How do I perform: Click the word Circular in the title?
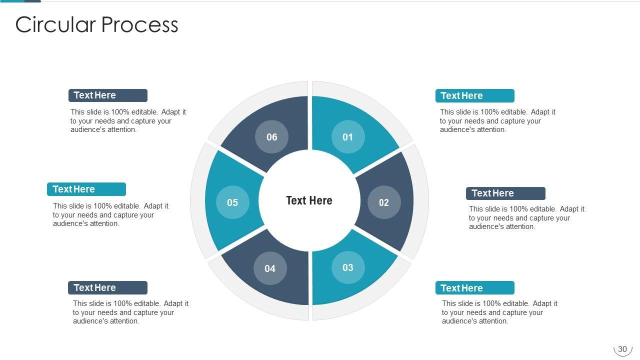click(55, 24)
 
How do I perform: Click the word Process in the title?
click(139, 24)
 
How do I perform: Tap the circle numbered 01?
click(348, 137)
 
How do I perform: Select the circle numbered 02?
click(384, 202)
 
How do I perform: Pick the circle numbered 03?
click(348, 267)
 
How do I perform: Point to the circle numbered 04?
click(270, 268)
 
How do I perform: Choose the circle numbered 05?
click(232, 202)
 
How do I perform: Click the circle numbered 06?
click(271, 137)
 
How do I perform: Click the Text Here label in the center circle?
click(309, 200)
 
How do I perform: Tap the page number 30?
click(622, 349)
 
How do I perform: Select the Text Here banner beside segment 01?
click(475, 95)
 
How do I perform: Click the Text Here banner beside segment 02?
click(505, 193)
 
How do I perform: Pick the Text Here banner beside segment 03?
click(475, 287)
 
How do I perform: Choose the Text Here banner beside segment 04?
click(107, 287)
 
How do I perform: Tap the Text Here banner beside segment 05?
click(86, 189)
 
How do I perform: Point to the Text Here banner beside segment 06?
click(108, 95)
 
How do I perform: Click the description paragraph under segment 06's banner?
click(128, 120)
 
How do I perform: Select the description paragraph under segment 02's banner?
click(526, 217)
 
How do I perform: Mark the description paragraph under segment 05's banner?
click(110, 214)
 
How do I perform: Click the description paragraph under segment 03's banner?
click(499, 312)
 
